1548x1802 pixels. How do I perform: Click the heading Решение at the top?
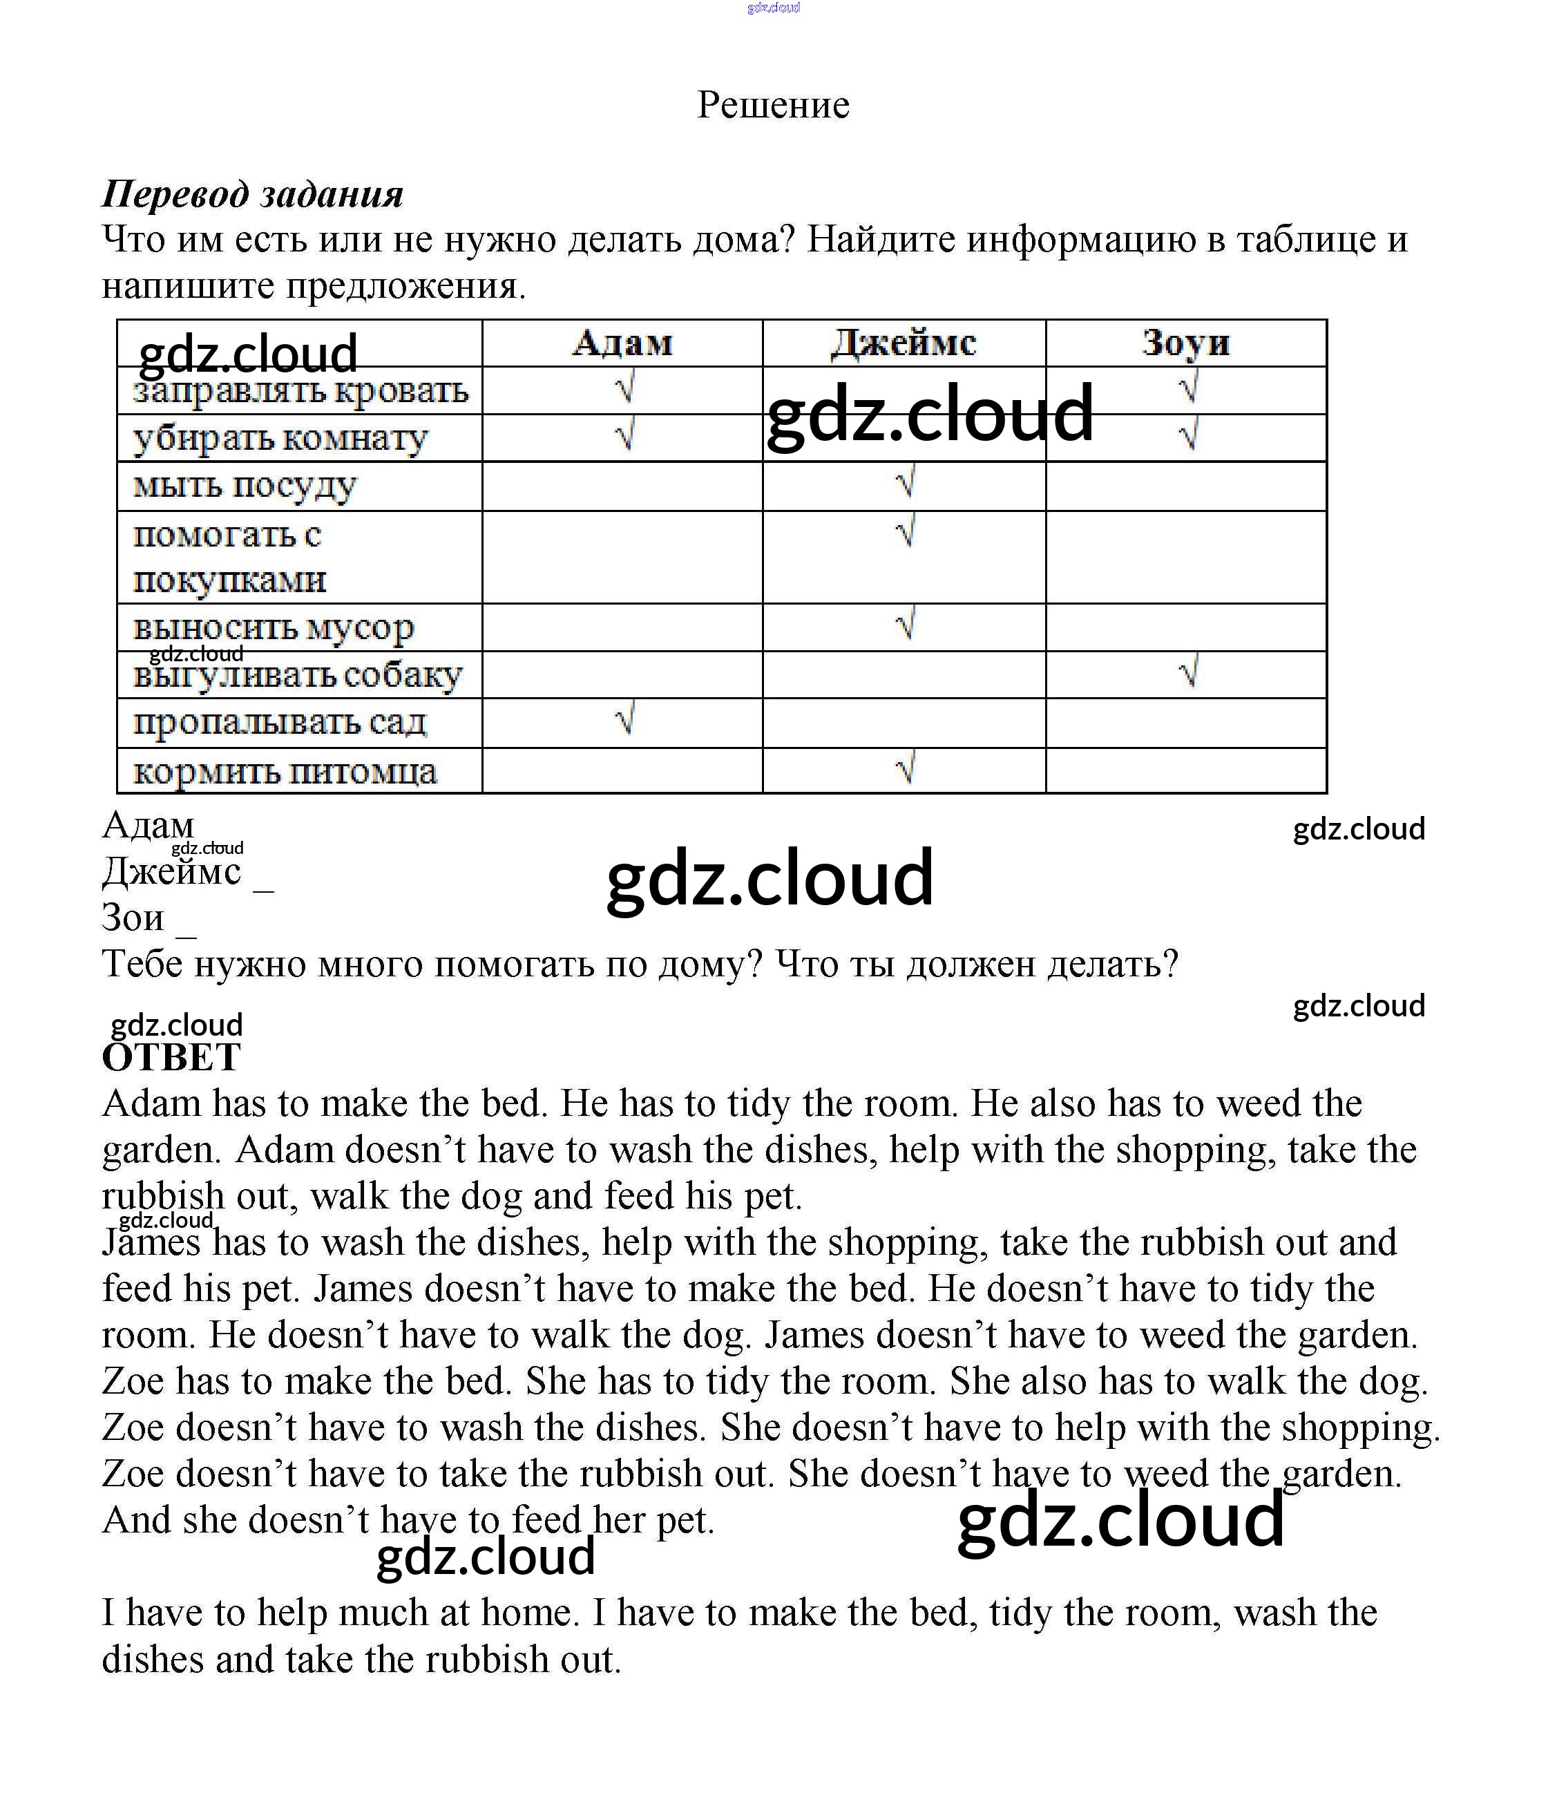[773, 105]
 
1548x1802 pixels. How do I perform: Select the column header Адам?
[622, 343]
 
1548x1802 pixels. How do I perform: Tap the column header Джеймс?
[904, 343]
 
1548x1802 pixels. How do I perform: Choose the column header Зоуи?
[1185, 343]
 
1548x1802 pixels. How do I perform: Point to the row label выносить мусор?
[273, 627]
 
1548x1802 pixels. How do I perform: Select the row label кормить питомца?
[285, 771]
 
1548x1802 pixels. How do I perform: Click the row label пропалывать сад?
[279, 722]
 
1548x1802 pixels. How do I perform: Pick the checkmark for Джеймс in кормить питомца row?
[906, 767]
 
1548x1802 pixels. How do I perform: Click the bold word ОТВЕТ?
[171, 1058]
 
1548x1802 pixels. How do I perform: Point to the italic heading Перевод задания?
[252, 194]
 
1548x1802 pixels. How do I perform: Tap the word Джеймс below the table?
[171, 871]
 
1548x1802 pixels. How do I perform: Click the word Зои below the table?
[133, 918]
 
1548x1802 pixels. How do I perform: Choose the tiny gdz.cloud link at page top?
[773, 8]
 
